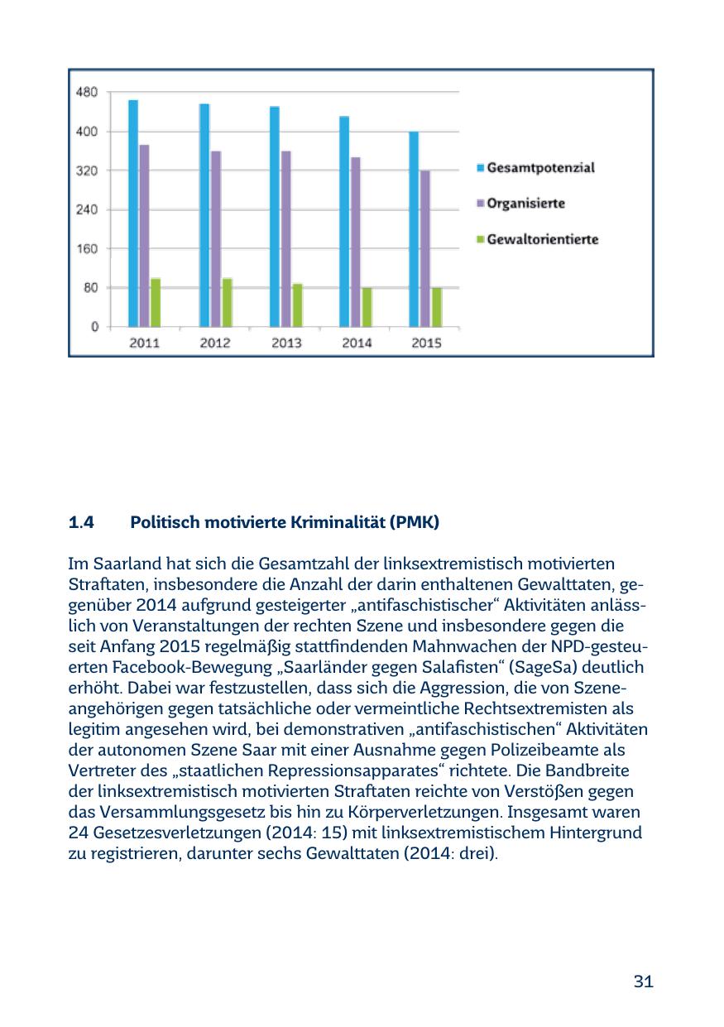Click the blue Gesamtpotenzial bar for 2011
132,214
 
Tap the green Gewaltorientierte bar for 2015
437,307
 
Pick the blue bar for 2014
343,222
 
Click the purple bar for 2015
425,248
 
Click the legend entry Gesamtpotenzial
539,167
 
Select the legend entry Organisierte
526,203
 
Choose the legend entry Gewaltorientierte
542,240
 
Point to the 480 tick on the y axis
88,91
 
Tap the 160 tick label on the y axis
88,248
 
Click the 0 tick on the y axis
94,327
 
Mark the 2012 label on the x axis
215,343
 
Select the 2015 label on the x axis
426,343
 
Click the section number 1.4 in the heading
81,523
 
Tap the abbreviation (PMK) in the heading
417,523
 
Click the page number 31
643,981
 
